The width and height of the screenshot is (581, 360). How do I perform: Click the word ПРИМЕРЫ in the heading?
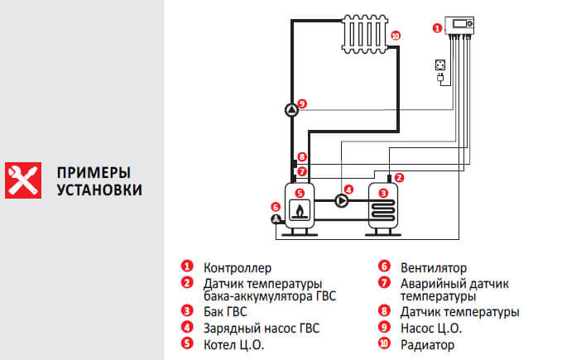[x=94, y=173]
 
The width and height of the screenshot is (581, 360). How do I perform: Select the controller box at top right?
[x=459, y=26]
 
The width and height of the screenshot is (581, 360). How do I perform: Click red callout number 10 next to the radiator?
[x=395, y=36]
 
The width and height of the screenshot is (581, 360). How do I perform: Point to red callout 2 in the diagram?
[x=399, y=177]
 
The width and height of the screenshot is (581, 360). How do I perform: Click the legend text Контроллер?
[x=238, y=268]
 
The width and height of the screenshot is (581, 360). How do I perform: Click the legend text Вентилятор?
[x=434, y=268]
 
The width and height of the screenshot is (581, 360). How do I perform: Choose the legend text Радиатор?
[x=427, y=344]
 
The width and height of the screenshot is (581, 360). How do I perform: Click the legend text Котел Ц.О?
[x=233, y=344]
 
